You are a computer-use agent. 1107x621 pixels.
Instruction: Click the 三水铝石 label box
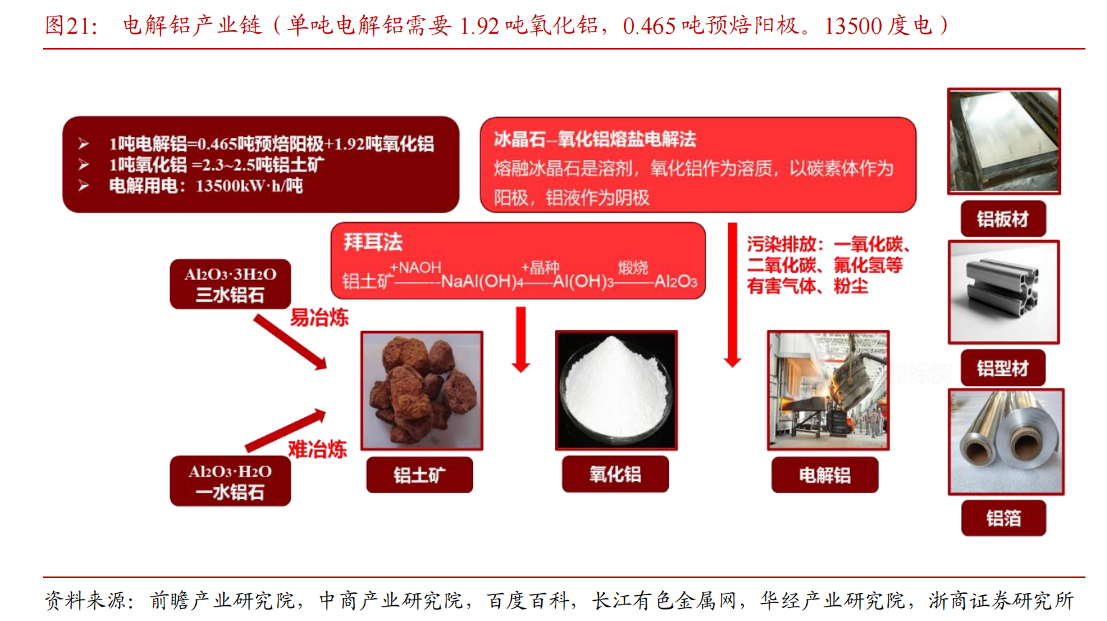tap(230, 284)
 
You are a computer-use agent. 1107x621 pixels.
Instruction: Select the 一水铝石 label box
tap(230, 481)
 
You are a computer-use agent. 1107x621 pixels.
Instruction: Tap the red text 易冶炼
tap(319, 317)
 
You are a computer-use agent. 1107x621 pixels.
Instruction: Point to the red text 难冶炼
tap(317, 449)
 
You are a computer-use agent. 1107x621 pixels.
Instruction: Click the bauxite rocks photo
tap(421, 391)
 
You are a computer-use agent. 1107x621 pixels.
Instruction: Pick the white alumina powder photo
tap(616, 391)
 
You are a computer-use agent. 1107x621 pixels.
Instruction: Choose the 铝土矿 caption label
tap(419, 475)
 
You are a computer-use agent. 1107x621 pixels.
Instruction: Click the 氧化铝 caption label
tap(615, 475)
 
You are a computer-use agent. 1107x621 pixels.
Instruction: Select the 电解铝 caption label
tap(825, 475)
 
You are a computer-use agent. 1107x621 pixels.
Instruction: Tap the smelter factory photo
tap(828, 391)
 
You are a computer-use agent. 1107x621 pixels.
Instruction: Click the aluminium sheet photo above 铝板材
tap(1004, 141)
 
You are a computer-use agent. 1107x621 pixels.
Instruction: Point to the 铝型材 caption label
tap(1003, 368)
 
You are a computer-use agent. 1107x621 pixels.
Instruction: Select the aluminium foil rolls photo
tap(1006, 442)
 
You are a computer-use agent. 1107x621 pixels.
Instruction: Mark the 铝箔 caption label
tap(1004, 518)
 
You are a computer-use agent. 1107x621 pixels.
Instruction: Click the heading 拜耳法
tap(373, 242)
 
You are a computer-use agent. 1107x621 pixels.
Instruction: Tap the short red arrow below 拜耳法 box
tap(521, 340)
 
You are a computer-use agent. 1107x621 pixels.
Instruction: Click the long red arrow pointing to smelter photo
tap(732, 295)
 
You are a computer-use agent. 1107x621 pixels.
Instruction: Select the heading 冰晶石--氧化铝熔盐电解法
tap(595, 139)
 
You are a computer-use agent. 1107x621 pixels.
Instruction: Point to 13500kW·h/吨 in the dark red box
tap(249, 186)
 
